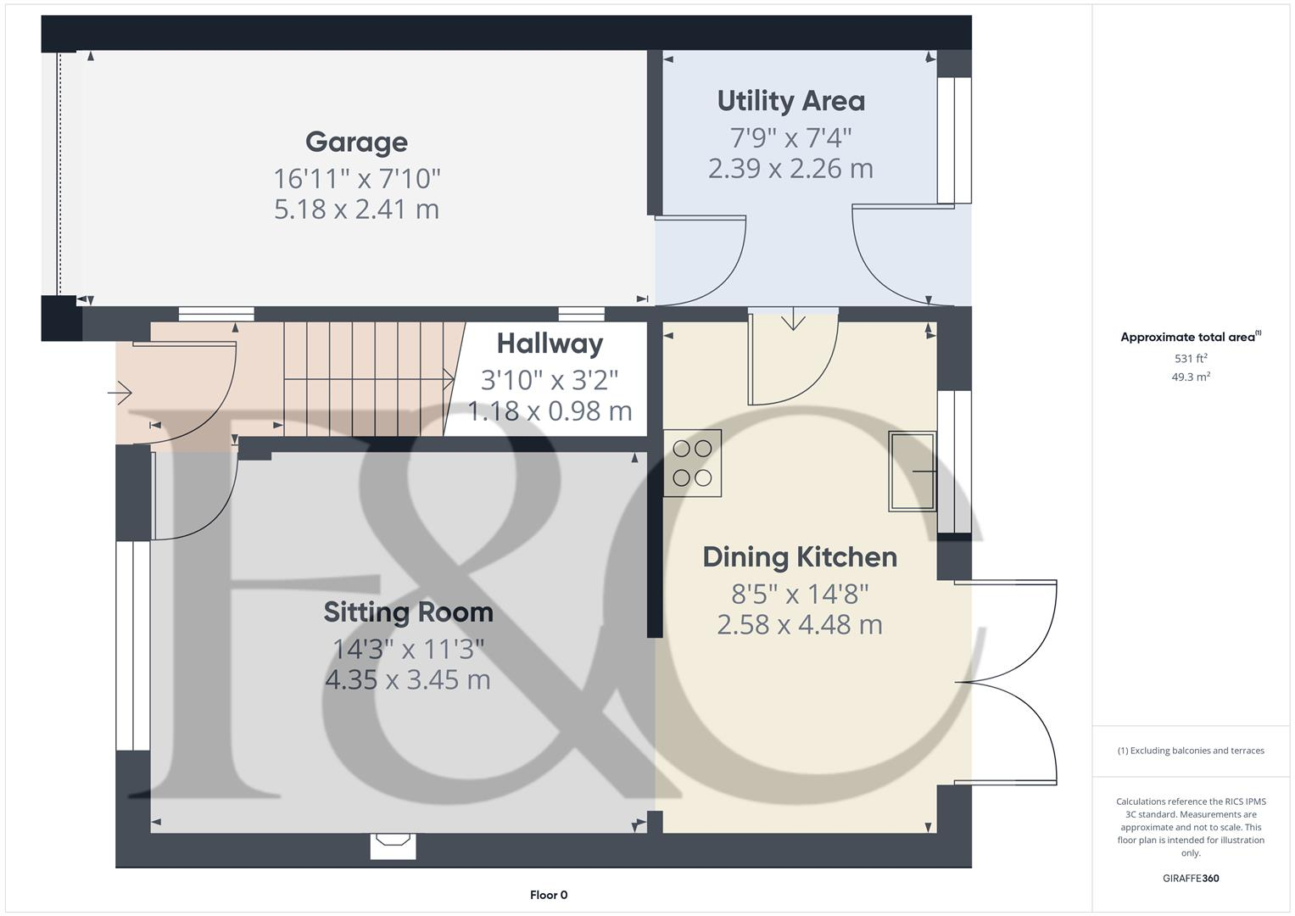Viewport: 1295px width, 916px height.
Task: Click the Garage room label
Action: click(356, 142)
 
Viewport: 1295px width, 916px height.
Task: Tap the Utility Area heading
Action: click(790, 101)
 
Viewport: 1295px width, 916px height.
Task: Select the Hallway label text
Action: click(550, 343)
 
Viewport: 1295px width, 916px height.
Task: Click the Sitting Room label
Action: click(408, 612)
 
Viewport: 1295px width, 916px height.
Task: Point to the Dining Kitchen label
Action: click(799, 557)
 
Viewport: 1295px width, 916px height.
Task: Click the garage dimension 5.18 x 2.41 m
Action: click(356, 209)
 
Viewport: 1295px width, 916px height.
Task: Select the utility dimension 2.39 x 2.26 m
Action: click(790, 168)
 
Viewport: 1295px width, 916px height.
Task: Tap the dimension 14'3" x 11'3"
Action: click(408, 649)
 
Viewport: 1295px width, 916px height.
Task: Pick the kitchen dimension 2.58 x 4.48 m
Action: click(799, 624)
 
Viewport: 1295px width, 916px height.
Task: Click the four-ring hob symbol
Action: click(692, 463)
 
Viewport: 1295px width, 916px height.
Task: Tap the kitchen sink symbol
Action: click(912, 471)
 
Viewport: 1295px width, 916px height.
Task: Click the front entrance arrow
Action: click(120, 393)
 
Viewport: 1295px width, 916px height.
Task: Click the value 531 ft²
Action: click(1190, 359)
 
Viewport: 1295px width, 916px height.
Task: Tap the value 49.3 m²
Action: click(1190, 377)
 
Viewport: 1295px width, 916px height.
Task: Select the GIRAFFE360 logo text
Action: click(1190, 878)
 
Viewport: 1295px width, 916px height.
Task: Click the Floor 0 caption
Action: click(548, 895)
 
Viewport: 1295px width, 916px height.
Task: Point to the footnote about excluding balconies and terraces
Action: click(1190, 751)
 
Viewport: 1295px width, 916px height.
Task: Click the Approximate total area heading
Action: click(1190, 337)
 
